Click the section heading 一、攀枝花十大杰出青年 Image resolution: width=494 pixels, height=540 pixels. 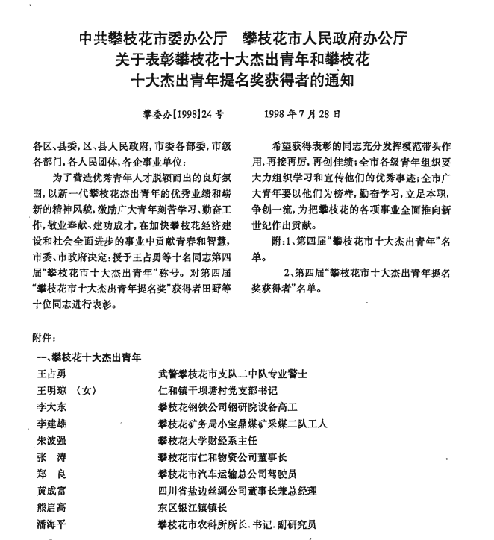[x=90, y=356]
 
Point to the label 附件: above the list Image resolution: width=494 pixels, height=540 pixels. [x=45, y=337]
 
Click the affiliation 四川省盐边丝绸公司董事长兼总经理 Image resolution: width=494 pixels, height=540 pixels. [x=237, y=491]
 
